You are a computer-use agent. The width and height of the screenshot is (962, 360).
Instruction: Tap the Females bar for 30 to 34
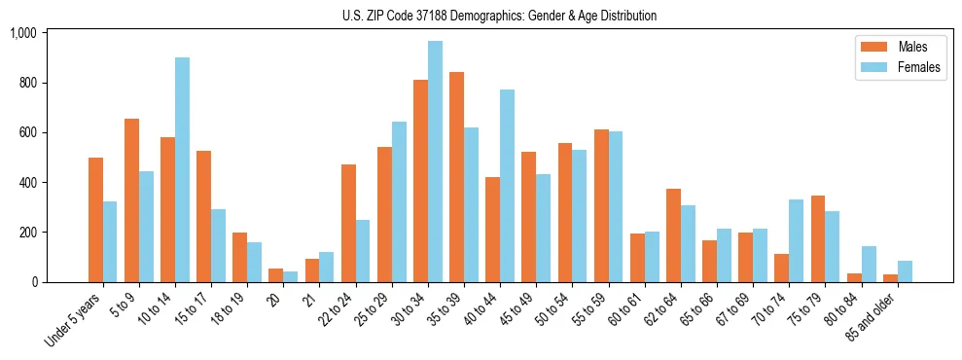pos(435,162)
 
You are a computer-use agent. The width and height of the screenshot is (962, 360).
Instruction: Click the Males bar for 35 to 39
pos(456,177)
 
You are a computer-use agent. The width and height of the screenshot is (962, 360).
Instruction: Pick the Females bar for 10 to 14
pos(182,170)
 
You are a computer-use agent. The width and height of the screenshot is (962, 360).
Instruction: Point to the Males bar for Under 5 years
pos(95,220)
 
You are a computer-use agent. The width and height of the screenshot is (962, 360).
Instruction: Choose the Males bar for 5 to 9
pos(131,200)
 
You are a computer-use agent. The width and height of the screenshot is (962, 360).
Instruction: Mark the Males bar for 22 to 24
pos(348,224)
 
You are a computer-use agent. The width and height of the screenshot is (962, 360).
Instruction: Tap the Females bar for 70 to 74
pos(796,241)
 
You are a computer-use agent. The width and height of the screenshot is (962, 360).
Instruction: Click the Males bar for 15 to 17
pos(203,217)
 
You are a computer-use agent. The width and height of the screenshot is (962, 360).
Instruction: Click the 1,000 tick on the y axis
pos(22,33)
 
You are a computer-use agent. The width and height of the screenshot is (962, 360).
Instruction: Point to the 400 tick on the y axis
pos(26,183)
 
